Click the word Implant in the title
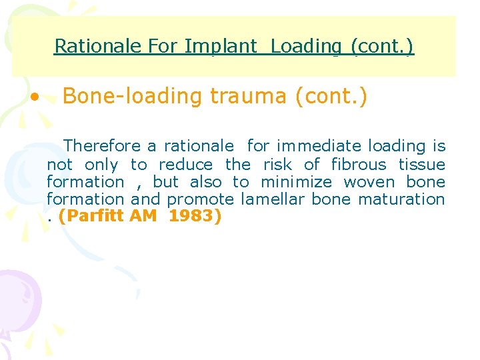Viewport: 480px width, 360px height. [220, 46]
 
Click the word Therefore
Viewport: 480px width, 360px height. [102, 146]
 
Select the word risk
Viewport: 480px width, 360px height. [277, 165]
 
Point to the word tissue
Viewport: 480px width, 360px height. [421, 165]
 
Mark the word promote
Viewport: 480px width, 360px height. [200, 199]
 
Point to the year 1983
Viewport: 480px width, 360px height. [194, 217]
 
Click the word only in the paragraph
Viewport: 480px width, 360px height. [101, 165]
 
